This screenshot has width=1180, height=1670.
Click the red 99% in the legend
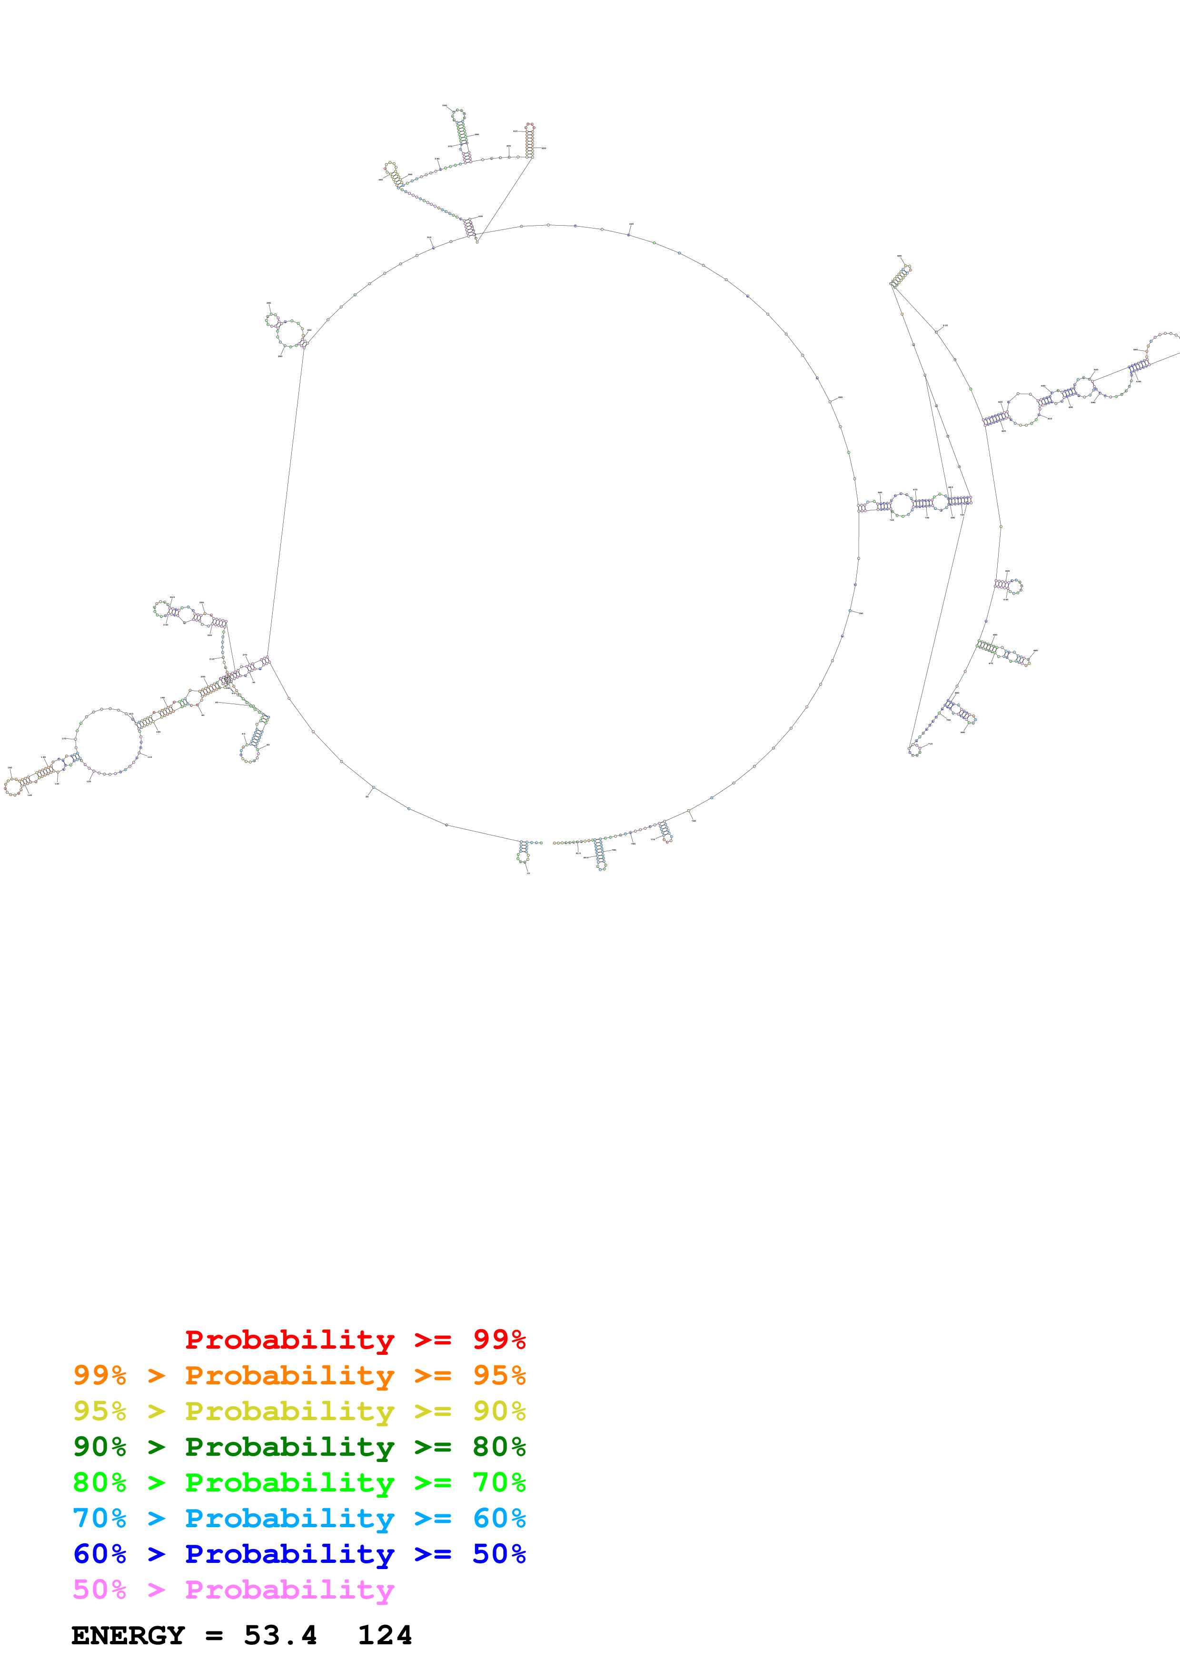tap(499, 1339)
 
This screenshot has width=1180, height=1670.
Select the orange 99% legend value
tap(99, 1375)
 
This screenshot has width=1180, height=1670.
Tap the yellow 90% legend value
tap(499, 1411)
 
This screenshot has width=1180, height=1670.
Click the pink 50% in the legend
tap(99, 1589)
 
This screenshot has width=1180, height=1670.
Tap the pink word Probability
tap(289, 1589)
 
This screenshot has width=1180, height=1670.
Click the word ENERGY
tap(128, 1635)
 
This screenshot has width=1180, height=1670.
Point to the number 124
tap(385, 1635)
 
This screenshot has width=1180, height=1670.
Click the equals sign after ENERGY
tap(214, 1635)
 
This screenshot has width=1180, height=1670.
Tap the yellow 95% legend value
tap(99, 1411)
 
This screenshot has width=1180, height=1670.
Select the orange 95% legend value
tap(499, 1375)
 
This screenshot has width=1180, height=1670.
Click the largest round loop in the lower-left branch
tap(109, 740)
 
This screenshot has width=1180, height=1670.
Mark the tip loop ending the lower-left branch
tap(12, 786)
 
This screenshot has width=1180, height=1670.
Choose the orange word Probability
tap(289, 1375)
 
